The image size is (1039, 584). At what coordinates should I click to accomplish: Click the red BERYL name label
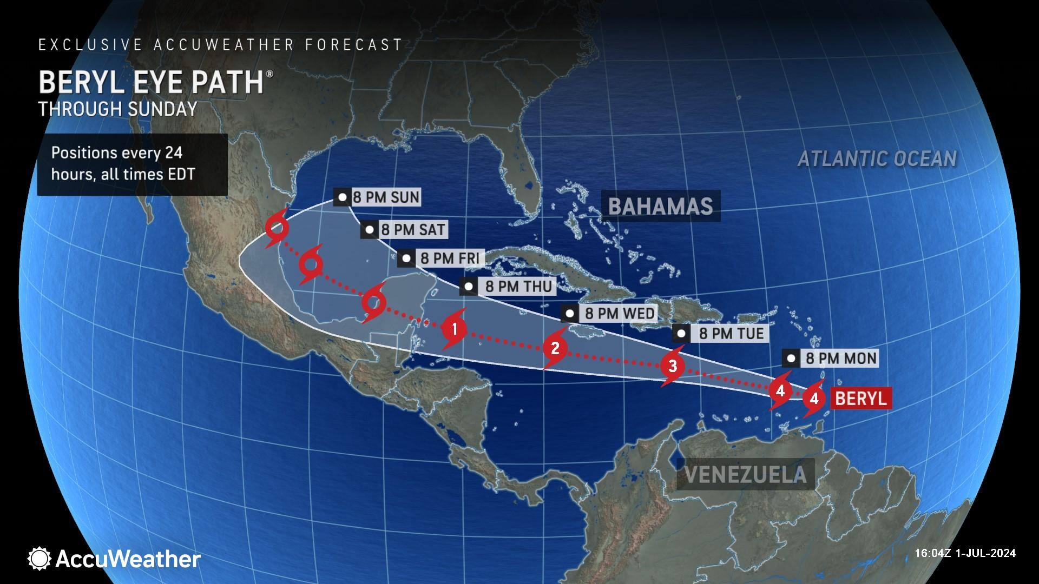[x=860, y=399]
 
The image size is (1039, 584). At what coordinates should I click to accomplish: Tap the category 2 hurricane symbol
[x=555, y=348]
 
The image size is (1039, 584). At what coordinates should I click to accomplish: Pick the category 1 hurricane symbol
[x=454, y=328]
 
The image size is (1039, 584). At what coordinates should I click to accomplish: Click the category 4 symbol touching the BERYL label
[x=813, y=399]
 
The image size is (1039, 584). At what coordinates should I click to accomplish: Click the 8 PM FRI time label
[x=440, y=258]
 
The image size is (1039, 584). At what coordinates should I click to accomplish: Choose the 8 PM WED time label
[x=610, y=313]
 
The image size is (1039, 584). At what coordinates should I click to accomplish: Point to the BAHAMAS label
[x=660, y=206]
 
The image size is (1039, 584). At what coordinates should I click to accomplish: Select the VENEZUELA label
[x=746, y=475]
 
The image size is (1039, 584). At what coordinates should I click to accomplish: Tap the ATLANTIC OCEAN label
[x=877, y=159]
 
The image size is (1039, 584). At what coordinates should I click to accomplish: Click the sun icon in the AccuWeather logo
[x=40, y=559]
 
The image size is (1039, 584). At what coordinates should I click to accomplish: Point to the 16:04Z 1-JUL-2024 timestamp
[x=965, y=553]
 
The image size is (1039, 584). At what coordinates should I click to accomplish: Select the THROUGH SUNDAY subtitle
[x=117, y=109]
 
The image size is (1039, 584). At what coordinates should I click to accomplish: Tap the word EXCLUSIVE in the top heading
[x=90, y=45]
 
